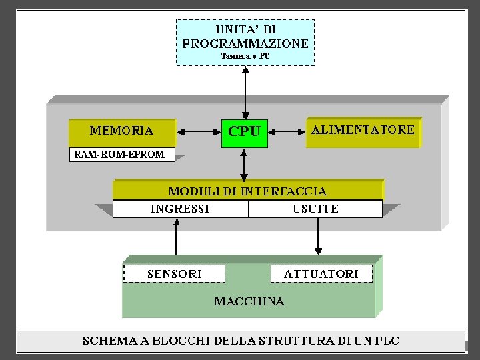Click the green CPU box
[x=245, y=133]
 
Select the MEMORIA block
[x=122, y=131]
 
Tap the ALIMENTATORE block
[x=363, y=131]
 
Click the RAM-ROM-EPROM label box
[x=121, y=155]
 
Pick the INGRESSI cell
[x=180, y=209]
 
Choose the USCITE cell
[x=315, y=209]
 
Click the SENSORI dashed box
[x=174, y=274]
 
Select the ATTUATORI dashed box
[x=321, y=274]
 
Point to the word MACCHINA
[x=249, y=301]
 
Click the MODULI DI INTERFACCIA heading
[x=247, y=191]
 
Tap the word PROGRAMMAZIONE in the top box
[x=245, y=43]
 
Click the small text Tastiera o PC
[x=245, y=56]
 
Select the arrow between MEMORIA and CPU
[x=199, y=132]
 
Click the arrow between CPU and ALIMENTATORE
[x=287, y=132]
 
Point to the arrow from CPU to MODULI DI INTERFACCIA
[x=245, y=163]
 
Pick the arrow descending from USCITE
[x=318, y=236]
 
